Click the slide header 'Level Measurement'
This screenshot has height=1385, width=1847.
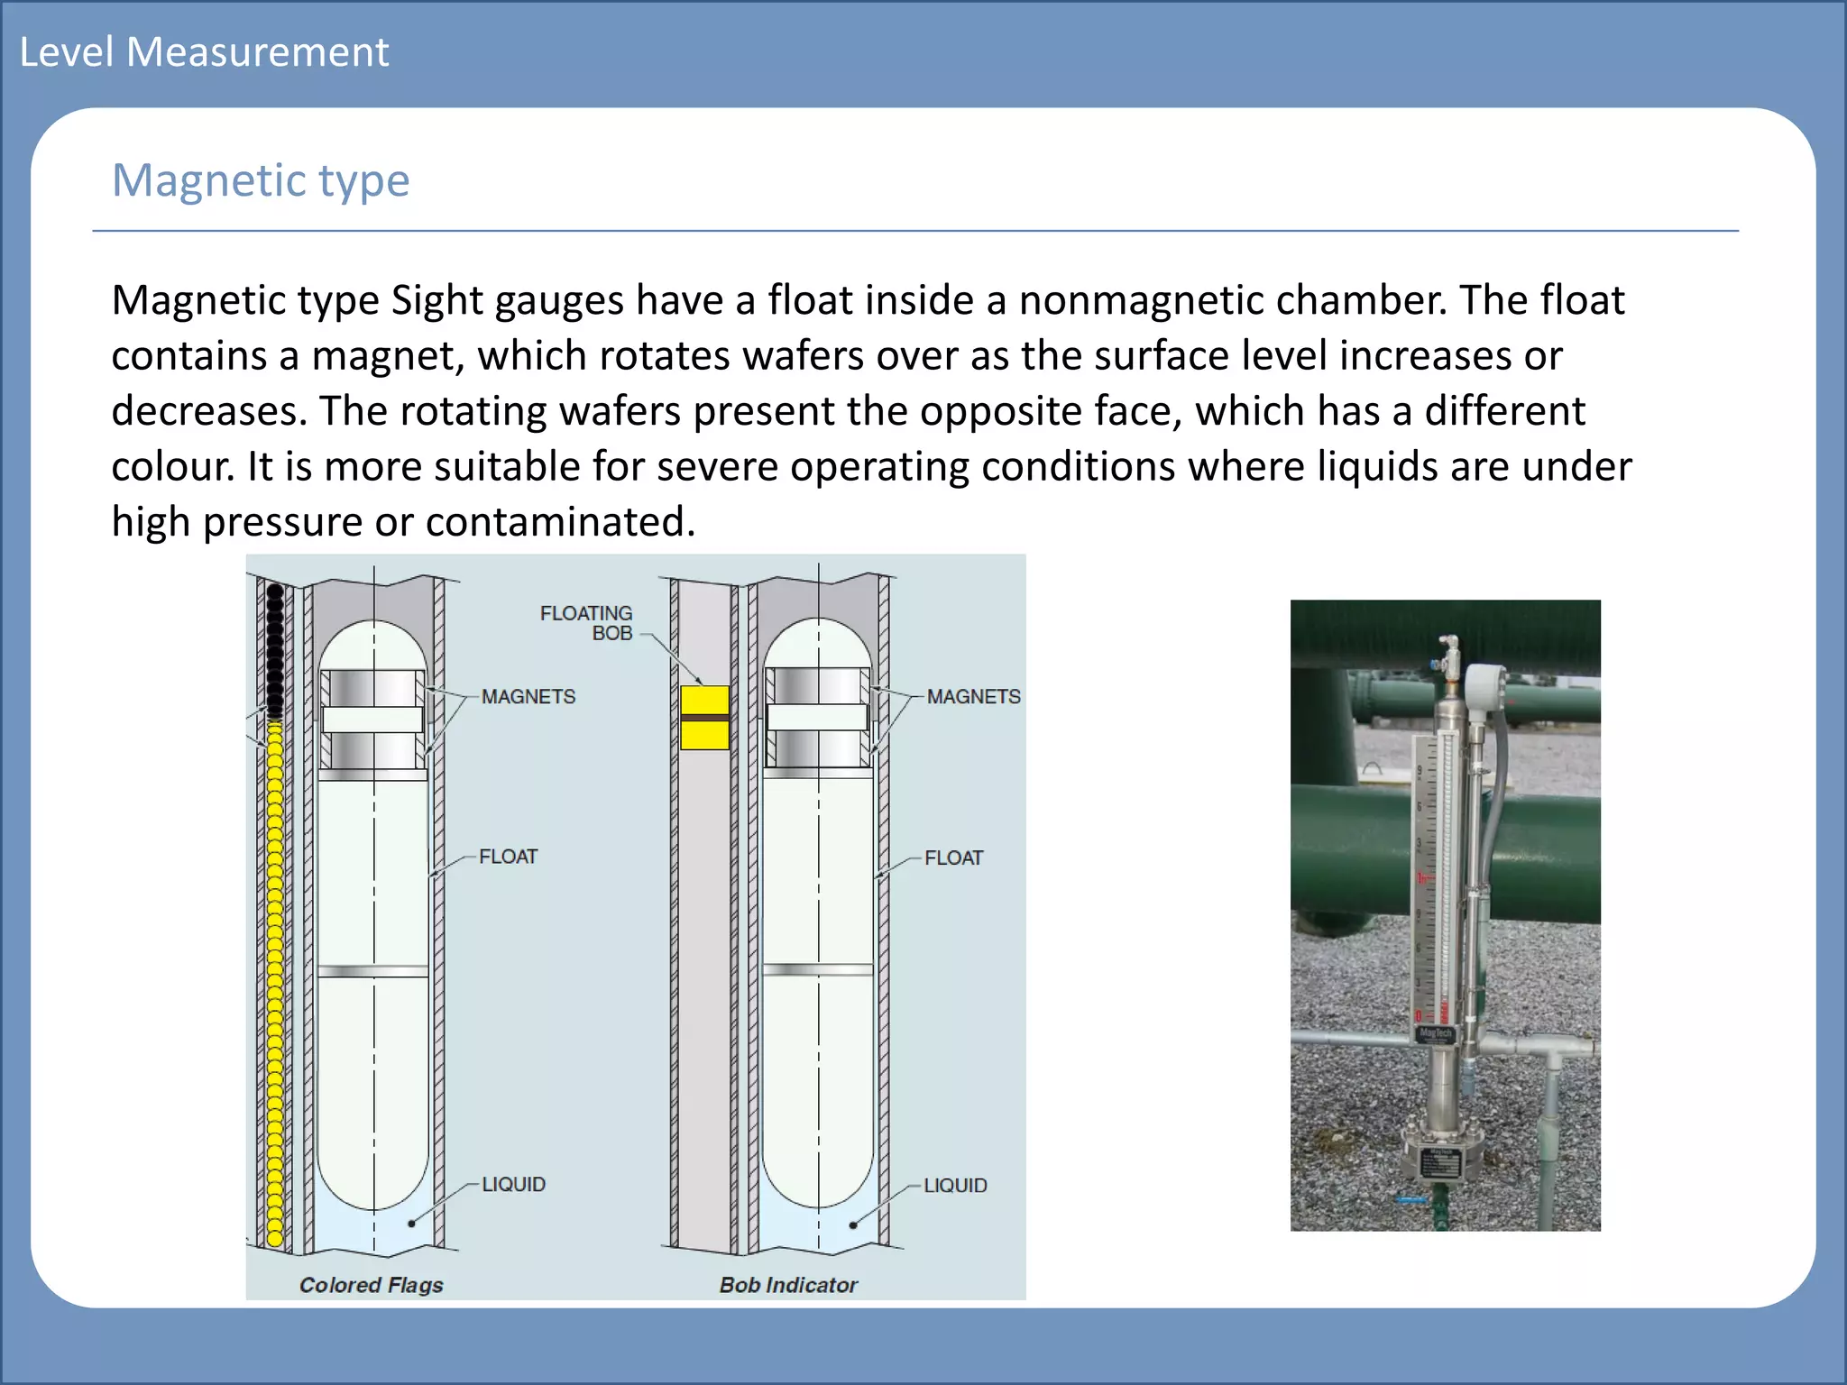[x=204, y=52]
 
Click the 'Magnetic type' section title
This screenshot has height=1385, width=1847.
[x=261, y=180]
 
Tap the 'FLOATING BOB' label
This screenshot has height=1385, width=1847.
[x=586, y=623]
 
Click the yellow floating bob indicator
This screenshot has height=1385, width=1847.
[x=704, y=718]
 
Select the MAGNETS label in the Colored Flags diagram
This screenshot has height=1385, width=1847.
[x=528, y=697]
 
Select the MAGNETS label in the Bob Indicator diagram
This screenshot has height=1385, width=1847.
[x=973, y=697]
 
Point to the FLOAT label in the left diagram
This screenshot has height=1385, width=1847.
[x=508, y=857]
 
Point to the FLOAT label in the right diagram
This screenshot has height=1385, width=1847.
[x=953, y=858]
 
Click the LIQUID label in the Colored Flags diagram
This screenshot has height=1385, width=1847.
[x=513, y=1185]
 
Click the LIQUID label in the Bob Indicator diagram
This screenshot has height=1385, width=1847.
[x=955, y=1186]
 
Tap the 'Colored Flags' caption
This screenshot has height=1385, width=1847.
[x=371, y=1285]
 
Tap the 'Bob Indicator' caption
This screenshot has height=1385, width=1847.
[x=788, y=1285]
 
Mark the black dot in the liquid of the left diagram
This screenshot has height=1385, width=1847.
[x=411, y=1224]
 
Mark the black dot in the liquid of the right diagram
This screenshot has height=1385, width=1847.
[x=853, y=1225]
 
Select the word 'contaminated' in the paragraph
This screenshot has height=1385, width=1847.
[x=560, y=522]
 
